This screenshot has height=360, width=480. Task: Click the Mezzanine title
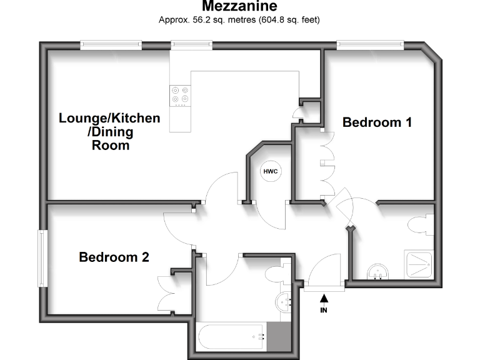tap(239, 7)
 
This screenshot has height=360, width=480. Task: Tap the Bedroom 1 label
tap(377, 122)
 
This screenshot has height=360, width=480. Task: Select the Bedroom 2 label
tap(114, 257)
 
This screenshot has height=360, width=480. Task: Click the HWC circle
tap(270, 171)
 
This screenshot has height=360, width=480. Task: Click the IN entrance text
tap(324, 309)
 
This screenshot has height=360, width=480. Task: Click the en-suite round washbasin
tap(377, 271)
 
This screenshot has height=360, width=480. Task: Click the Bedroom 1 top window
tap(370, 44)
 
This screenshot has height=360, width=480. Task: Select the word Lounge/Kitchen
tap(109, 118)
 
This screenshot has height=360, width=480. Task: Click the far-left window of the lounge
tap(111, 44)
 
